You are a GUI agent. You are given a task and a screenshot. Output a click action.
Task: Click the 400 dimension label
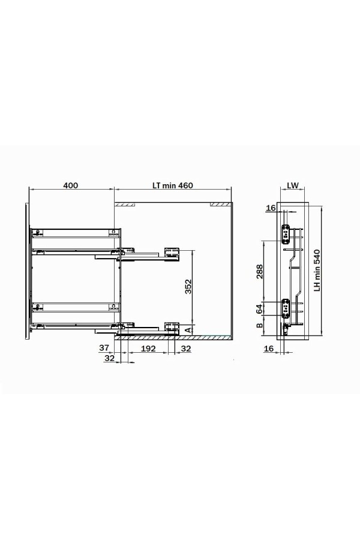(x=71, y=185)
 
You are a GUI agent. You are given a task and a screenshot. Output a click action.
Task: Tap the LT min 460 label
(x=173, y=185)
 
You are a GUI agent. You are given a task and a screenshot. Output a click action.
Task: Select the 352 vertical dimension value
(x=188, y=286)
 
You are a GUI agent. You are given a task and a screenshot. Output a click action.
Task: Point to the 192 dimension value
(x=148, y=348)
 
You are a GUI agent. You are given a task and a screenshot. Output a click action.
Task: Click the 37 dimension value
(x=104, y=347)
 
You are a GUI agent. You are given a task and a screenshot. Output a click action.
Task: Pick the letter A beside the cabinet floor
(x=188, y=330)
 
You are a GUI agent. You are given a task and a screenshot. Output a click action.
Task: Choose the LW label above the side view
(x=293, y=185)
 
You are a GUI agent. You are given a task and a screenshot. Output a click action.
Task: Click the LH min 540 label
(x=317, y=271)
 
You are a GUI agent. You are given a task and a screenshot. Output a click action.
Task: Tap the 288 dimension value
(x=259, y=271)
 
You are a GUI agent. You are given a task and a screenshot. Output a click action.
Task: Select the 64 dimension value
(x=259, y=309)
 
